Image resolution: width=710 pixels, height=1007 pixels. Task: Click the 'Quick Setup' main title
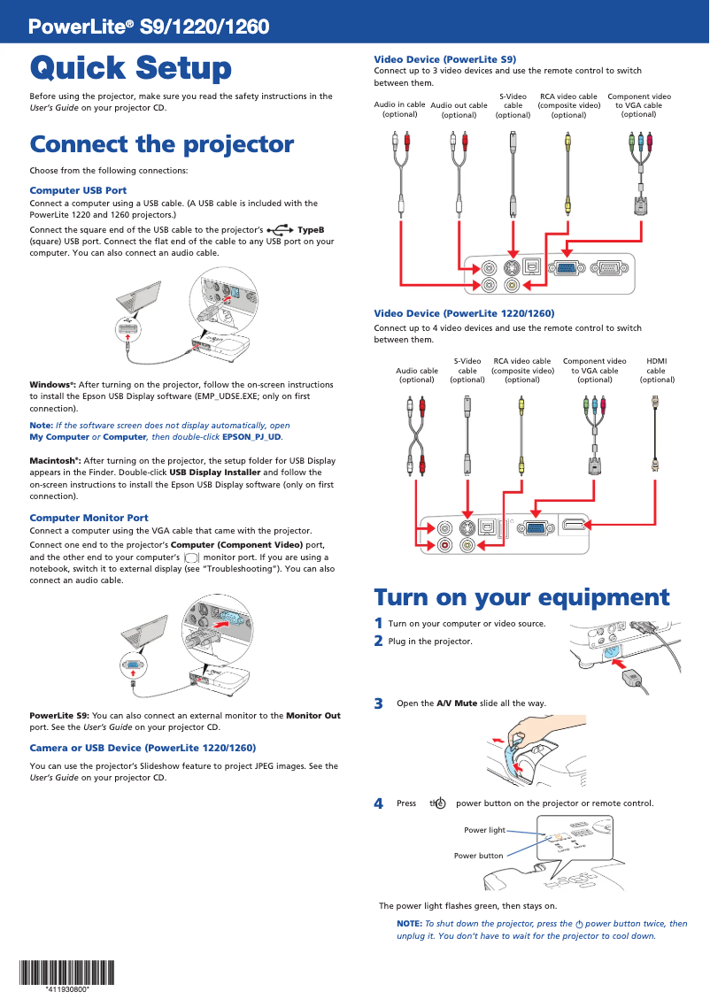tap(131, 68)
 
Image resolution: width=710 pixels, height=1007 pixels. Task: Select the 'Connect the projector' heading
tap(162, 144)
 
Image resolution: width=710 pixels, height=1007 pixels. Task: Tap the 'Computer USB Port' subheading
tap(78, 190)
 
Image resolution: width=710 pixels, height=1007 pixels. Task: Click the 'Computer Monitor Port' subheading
tap(89, 518)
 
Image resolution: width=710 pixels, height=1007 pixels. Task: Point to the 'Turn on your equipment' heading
tap(521, 597)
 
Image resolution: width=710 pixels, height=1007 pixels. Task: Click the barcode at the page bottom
tap(67, 972)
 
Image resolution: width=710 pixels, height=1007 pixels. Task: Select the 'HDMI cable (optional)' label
tap(657, 370)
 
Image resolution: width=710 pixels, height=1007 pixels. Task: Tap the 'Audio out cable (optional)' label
tap(459, 110)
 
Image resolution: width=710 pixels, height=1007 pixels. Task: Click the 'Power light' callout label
tap(484, 830)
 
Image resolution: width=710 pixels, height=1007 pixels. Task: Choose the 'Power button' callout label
tap(478, 856)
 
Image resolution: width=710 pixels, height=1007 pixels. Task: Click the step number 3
tap(379, 704)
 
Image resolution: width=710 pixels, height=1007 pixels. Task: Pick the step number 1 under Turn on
tap(379, 623)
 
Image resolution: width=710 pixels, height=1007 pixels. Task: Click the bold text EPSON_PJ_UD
tap(251, 437)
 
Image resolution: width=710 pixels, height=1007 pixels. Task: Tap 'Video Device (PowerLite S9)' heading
tap(445, 58)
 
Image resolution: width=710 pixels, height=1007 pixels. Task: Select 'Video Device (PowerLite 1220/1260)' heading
tap(464, 313)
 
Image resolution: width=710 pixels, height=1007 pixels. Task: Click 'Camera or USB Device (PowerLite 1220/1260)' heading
tap(143, 748)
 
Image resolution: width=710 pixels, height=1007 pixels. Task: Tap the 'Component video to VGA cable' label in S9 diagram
tap(638, 105)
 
